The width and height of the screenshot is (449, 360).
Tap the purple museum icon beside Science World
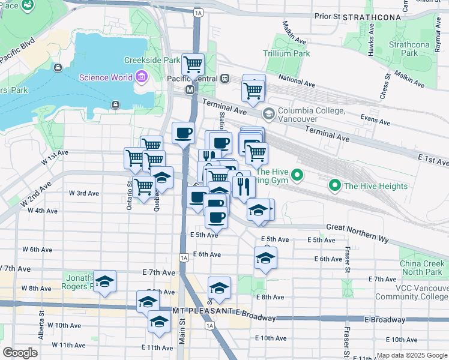point(141,77)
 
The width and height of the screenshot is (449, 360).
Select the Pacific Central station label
point(192,78)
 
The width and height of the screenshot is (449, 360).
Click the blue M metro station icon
point(190,89)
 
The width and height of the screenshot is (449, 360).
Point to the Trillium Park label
point(286,53)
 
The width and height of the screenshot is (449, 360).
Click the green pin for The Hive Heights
point(335,185)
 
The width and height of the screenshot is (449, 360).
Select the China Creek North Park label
point(424,268)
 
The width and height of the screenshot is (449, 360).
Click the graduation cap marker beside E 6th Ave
point(265,257)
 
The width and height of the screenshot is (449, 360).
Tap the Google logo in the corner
point(20,353)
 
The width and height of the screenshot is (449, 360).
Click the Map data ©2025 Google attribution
point(411,355)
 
